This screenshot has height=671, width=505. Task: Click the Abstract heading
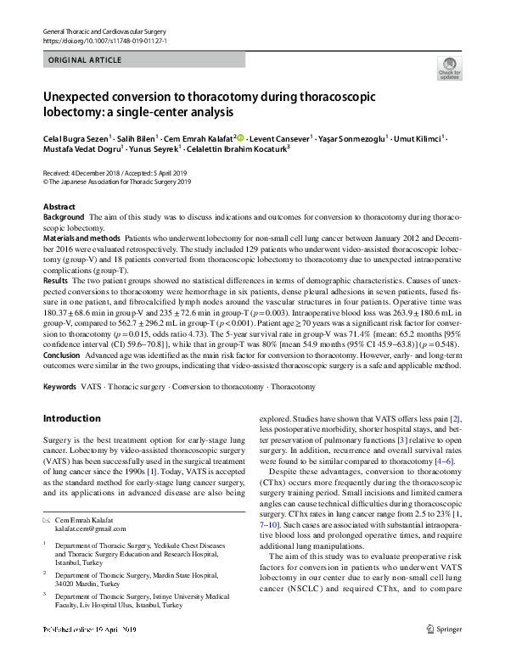[59, 207]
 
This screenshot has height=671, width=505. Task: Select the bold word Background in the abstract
[64, 218]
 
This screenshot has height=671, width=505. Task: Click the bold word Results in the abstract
[55, 280]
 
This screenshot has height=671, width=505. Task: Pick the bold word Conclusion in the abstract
[63, 355]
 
